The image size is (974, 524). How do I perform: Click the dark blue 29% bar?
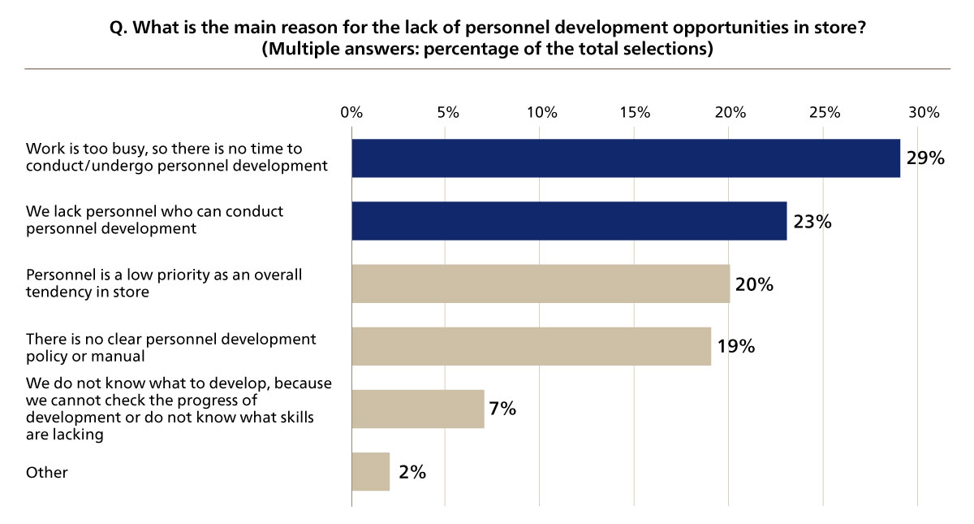(x=625, y=158)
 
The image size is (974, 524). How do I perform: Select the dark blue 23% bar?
(x=568, y=221)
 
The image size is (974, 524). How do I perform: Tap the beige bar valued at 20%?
(x=540, y=284)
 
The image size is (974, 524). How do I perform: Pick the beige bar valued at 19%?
(x=531, y=346)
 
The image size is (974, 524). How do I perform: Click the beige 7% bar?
(x=417, y=409)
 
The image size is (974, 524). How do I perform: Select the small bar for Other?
(x=370, y=471)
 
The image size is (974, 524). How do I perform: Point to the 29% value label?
(x=925, y=158)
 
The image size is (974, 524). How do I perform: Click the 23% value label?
(x=812, y=221)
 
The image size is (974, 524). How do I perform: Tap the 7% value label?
(x=502, y=409)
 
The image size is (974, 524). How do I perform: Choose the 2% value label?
(x=412, y=471)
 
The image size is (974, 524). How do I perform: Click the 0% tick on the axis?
(x=351, y=113)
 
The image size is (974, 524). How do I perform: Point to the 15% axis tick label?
(x=635, y=113)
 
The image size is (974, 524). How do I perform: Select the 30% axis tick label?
(x=918, y=113)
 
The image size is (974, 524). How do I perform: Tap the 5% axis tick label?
(x=446, y=113)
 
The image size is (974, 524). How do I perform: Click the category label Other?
(x=47, y=472)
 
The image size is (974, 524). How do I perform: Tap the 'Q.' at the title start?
(x=119, y=28)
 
